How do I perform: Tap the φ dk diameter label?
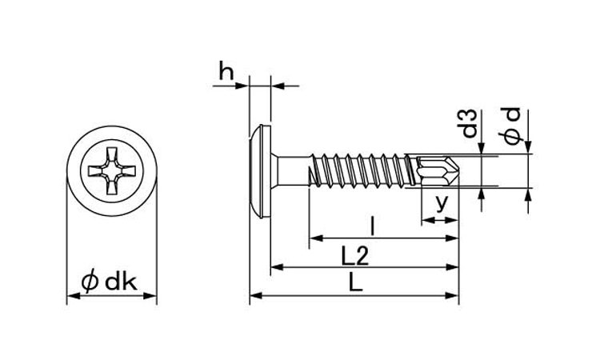click(110, 282)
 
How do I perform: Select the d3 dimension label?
click(470, 123)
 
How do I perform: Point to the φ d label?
click(512, 126)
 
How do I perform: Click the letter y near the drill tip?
click(442, 202)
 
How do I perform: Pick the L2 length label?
click(355, 256)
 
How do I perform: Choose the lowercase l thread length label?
click(372, 226)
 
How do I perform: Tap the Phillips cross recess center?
click(112, 170)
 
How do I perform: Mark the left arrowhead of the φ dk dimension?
click(74, 296)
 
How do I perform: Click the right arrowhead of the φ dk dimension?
click(150, 296)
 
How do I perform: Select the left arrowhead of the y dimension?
click(427, 220)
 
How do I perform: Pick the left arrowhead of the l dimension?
click(315, 238)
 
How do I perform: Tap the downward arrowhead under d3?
click(481, 149)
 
